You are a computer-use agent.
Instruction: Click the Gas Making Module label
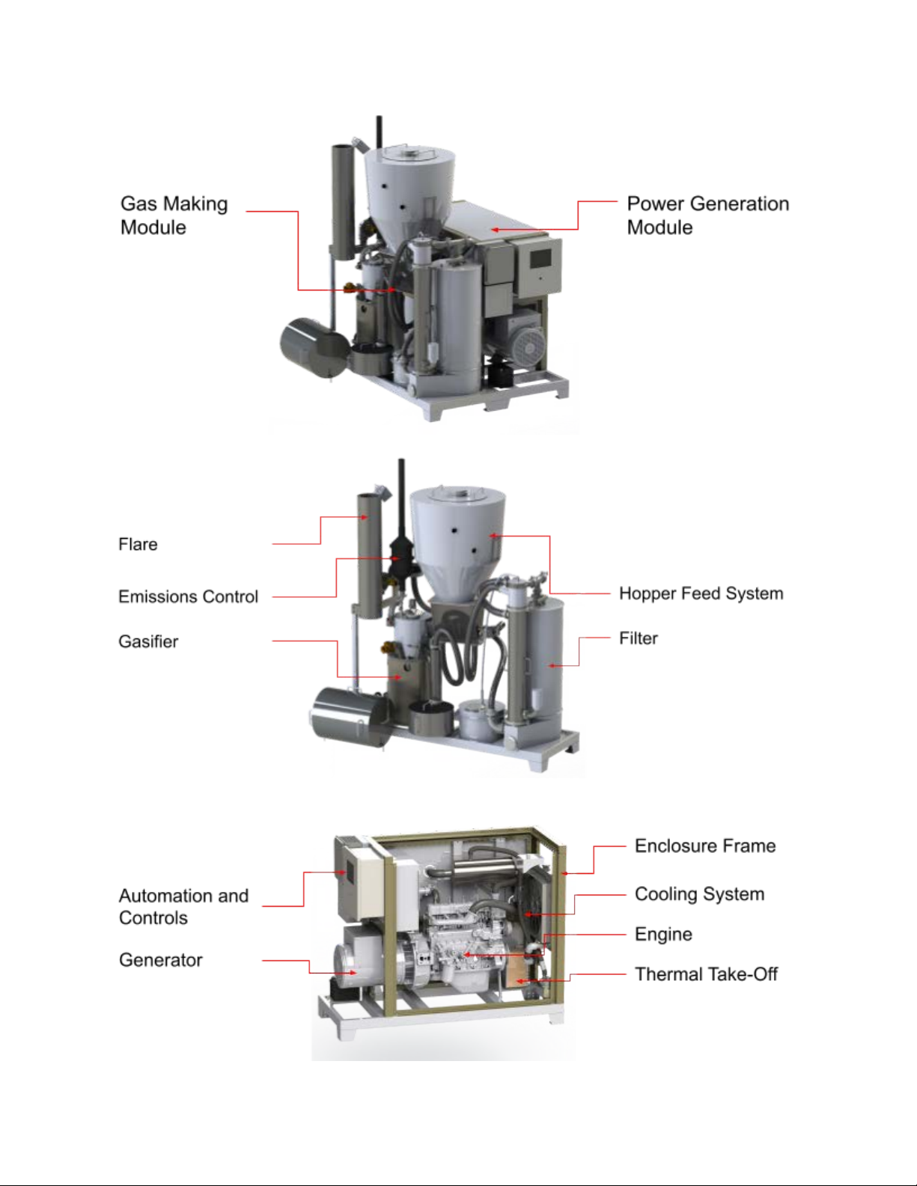coord(174,215)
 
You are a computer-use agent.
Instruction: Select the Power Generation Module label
coord(708,215)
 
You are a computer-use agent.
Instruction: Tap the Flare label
coord(138,544)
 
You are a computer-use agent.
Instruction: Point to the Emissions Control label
coord(189,596)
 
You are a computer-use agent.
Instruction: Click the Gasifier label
coord(148,641)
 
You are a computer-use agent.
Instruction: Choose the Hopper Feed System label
coord(701,593)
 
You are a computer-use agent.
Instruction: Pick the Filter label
coord(639,638)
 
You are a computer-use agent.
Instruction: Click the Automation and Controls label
coord(184,907)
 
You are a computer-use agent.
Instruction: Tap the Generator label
coord(161,960)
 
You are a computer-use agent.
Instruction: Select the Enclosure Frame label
coord(705,846)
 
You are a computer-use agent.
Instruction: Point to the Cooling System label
coord(700,894)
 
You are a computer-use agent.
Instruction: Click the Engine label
coord(664,935)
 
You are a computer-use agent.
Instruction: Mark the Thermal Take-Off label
coord(707,974)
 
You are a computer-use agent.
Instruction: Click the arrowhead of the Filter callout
coord(552,666)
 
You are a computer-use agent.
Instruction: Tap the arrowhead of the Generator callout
coord(353,973)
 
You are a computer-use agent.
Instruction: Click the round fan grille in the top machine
coord(528,345)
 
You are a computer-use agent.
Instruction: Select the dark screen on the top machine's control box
coord(541,258)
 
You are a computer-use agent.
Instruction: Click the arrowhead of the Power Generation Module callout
coord(494,230)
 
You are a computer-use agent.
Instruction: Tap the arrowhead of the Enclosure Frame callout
coord(565,874)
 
